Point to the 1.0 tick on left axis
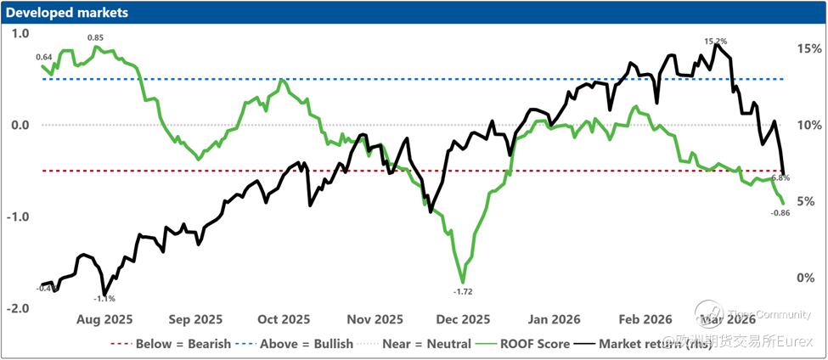tap(20, 34)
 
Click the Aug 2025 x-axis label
tap(104, 319)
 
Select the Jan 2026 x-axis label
tap(554, 319)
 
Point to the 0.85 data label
tap(95, 37)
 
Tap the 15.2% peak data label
tap(715, 40)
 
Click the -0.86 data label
tap(780, 212)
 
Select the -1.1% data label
tap(104, 299)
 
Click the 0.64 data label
tap(44, 57)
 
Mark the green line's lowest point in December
tap(463, 282)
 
